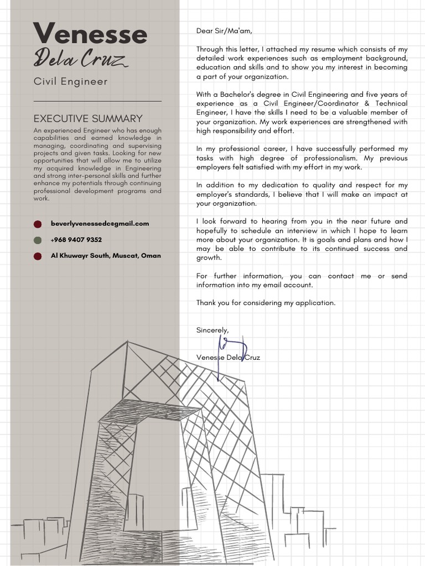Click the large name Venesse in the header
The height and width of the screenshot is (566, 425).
tap(90, 34)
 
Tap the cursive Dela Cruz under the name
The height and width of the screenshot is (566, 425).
tap(81, 59)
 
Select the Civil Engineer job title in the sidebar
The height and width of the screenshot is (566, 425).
tap(70, 82)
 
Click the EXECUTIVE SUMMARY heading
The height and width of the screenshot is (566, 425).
tap(88, 118)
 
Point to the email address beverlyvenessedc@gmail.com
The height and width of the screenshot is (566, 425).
tap(100, 223)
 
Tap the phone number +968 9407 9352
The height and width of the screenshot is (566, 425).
tap(76, 240)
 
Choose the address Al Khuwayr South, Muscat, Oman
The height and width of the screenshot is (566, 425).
tap(106, 256)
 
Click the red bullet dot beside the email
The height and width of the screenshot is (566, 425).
tap(38, 224)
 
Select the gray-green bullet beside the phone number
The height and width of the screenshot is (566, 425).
tap(38, 240)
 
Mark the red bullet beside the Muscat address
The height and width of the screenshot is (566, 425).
tap(38, 256)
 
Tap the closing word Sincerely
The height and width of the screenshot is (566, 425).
tap(212, 330)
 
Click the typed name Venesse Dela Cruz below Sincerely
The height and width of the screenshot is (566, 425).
tap(228, 358)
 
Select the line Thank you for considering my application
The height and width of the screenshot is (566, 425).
tap(266, 303)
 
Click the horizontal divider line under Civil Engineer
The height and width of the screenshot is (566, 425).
tap(97, 101)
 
